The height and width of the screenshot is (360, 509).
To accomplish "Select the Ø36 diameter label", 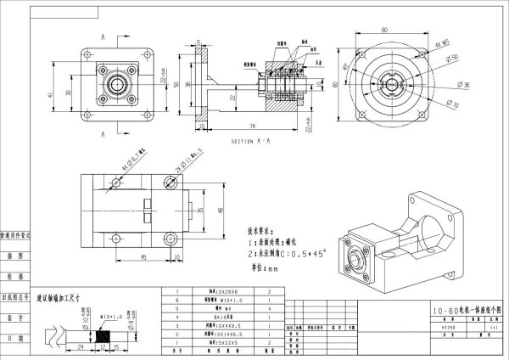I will (x=464, y=85).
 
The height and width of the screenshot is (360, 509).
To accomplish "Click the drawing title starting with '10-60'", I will (x=461, y=312).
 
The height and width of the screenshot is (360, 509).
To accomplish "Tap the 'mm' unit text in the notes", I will (x=273, y=268).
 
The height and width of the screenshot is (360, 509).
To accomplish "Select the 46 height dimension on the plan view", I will (x=219, y=209).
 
